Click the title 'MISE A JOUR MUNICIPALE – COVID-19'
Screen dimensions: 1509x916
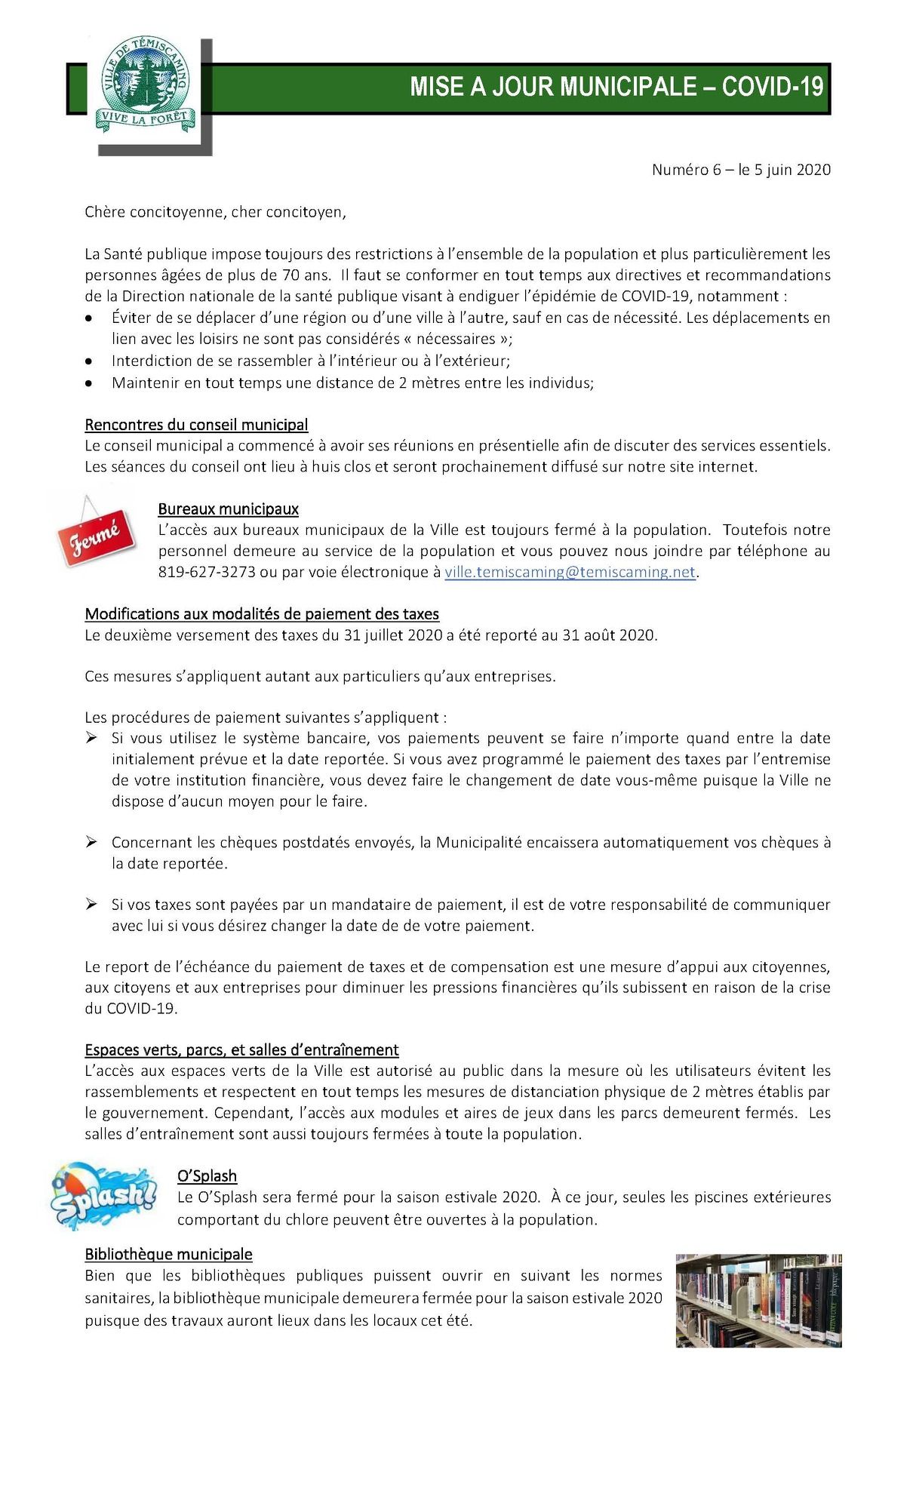(616, 87)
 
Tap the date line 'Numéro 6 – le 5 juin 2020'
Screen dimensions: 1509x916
(740, 170)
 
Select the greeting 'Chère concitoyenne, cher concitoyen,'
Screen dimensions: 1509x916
(215, 212)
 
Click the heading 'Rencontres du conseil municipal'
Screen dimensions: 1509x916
(196, 425)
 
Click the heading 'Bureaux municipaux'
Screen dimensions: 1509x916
(228, 509)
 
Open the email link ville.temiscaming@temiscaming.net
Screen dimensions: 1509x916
(570, 572)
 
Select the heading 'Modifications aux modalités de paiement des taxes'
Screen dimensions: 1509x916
(262, 614)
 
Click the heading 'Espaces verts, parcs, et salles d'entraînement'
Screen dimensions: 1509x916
(241, 1050)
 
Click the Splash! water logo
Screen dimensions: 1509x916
(103, 1195)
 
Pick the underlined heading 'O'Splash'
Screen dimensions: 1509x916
(207, 1176)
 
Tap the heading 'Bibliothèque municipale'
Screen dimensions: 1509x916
(168, 1254)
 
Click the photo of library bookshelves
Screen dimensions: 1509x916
(758, 1300)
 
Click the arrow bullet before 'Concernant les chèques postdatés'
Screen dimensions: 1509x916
(91, 841)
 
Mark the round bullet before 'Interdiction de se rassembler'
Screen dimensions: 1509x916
(90, 361)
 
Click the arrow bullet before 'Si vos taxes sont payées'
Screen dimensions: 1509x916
(91, 904)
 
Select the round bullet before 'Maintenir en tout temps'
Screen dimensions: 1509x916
(90, 383)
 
